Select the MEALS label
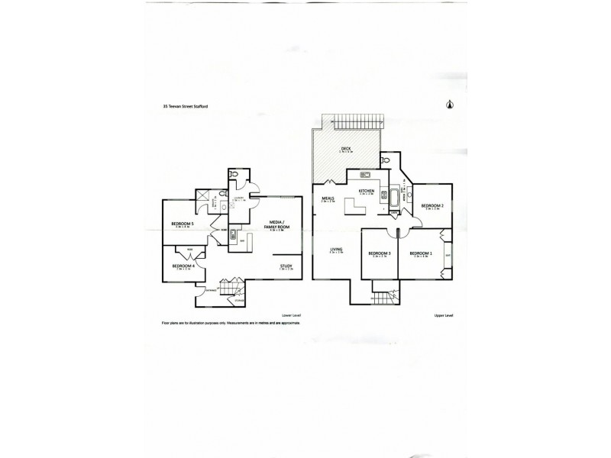[329, 198]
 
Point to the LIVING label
[335, 250]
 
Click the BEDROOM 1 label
[420, 253]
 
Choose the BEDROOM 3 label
[379, 253]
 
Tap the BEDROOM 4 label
[184, 266]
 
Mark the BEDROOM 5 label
[181, 223]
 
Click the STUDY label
[286, 266]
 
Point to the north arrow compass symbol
[449, 107]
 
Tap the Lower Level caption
[293, 315]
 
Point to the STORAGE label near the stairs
[239, 302]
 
